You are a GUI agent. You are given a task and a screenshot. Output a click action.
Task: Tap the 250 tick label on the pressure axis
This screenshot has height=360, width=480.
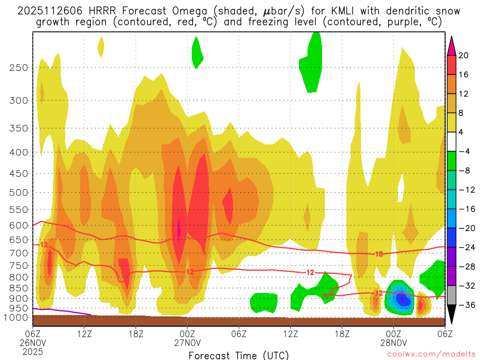(19, 67)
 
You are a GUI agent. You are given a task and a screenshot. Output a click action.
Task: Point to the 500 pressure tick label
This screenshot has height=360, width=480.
(19, 192)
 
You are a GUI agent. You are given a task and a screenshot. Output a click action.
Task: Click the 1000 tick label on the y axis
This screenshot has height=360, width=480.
(16, 317)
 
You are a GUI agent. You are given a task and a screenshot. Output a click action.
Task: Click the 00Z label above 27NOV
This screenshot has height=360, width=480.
(187, 333)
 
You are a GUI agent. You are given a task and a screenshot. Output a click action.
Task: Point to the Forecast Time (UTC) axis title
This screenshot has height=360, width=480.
(239, 355)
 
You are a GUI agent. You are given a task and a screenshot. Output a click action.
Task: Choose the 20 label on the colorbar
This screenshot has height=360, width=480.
(464, 55)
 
